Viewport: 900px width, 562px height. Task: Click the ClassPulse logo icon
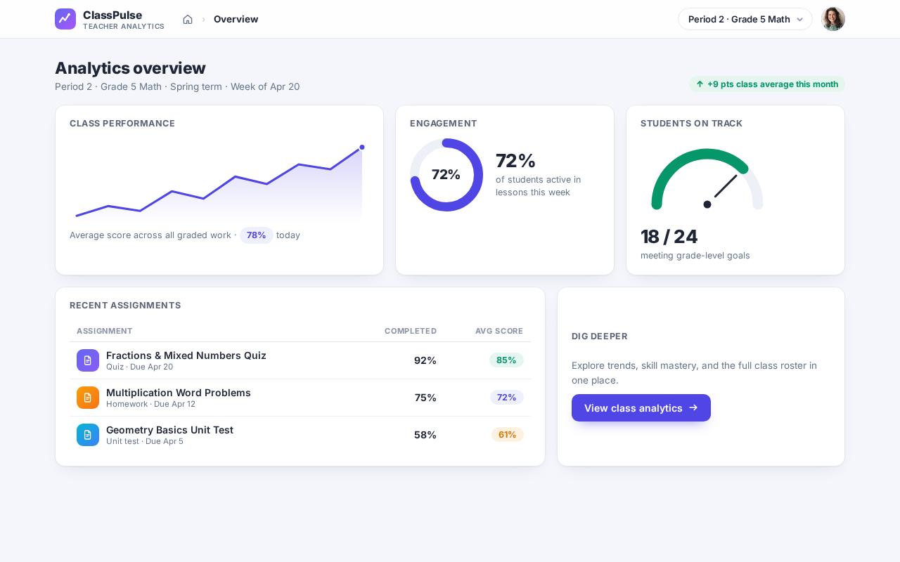pos(65,19)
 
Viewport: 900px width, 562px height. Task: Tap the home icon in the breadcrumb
pos(188,19)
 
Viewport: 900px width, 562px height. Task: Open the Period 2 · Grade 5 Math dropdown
pos(745,19)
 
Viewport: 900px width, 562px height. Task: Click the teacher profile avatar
pos(833,19)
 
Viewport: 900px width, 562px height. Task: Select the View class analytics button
pos(641,408)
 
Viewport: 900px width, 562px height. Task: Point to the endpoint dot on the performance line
pos(362,148)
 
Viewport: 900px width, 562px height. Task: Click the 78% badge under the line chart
pos(257,235)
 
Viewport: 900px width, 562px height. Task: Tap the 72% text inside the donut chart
pos(446,175)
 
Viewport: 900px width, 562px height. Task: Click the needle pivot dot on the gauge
pos(707,204)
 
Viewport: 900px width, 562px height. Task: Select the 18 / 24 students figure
pos(669,237)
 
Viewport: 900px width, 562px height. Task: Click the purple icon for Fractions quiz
pos(88,360)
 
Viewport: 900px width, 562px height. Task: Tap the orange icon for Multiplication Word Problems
pos(88,398)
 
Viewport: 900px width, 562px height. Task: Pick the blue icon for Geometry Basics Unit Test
pos(88,435)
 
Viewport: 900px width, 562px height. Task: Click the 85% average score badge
pos(506,360)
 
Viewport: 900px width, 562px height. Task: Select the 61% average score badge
pos(507,434)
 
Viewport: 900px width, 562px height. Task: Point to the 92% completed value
pos(425,360)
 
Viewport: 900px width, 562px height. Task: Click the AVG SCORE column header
pos(499,331)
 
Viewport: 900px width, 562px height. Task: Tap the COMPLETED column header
pos(411,331)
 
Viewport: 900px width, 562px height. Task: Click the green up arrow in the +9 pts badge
pos(700,84)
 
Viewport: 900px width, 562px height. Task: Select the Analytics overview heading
pos(130,68)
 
